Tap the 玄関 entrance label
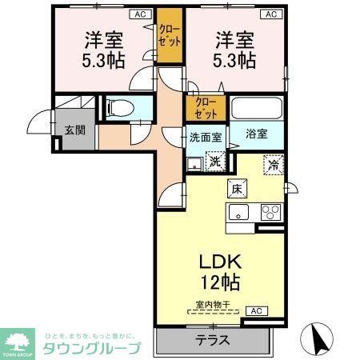74,131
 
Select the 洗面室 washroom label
206,136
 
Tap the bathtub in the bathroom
255,108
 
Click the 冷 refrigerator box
274,166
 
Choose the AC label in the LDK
255,310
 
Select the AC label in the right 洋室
270,14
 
